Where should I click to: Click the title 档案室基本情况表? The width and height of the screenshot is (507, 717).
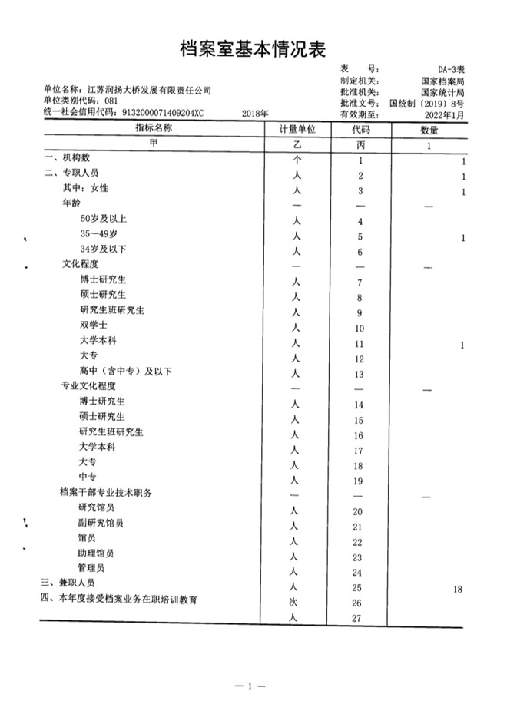[253, 50]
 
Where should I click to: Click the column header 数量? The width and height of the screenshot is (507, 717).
[428, 129]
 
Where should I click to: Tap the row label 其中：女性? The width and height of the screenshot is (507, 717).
[85, 189]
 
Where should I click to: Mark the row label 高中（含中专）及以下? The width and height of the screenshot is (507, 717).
[125, 372]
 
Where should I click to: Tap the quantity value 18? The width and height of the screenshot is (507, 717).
[458, 589]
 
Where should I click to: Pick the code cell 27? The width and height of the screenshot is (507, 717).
[356, 619]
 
